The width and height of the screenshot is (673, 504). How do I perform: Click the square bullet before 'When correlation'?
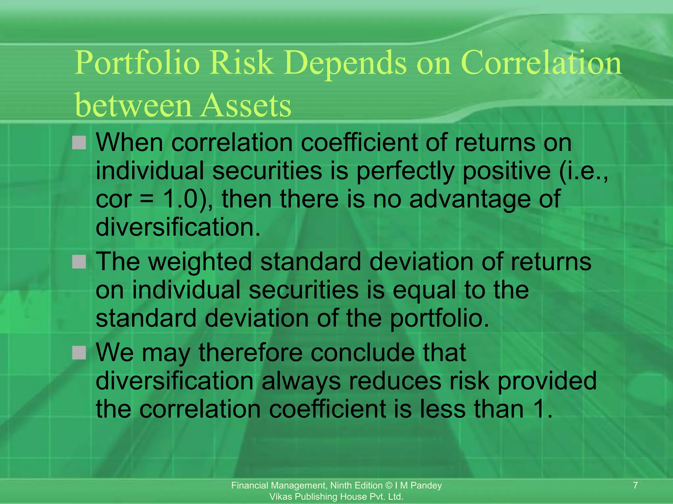point(79,143)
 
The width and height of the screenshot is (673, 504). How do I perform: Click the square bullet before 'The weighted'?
point(79,262)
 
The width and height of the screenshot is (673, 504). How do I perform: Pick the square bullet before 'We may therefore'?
point(79,353)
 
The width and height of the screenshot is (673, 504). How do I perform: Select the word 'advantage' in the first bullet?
point(470,199)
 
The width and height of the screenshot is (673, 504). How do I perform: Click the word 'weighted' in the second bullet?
point(200,262)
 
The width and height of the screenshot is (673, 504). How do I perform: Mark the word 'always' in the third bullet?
point(301,381)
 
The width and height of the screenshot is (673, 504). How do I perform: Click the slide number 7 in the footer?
point(635,485)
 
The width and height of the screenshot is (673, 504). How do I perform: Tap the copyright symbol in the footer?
point(389,486)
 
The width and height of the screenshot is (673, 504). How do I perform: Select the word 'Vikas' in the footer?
point(280,497)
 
